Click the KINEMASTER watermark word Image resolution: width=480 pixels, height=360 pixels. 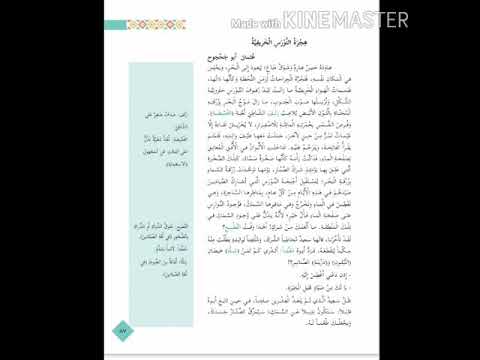click(345, 19)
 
